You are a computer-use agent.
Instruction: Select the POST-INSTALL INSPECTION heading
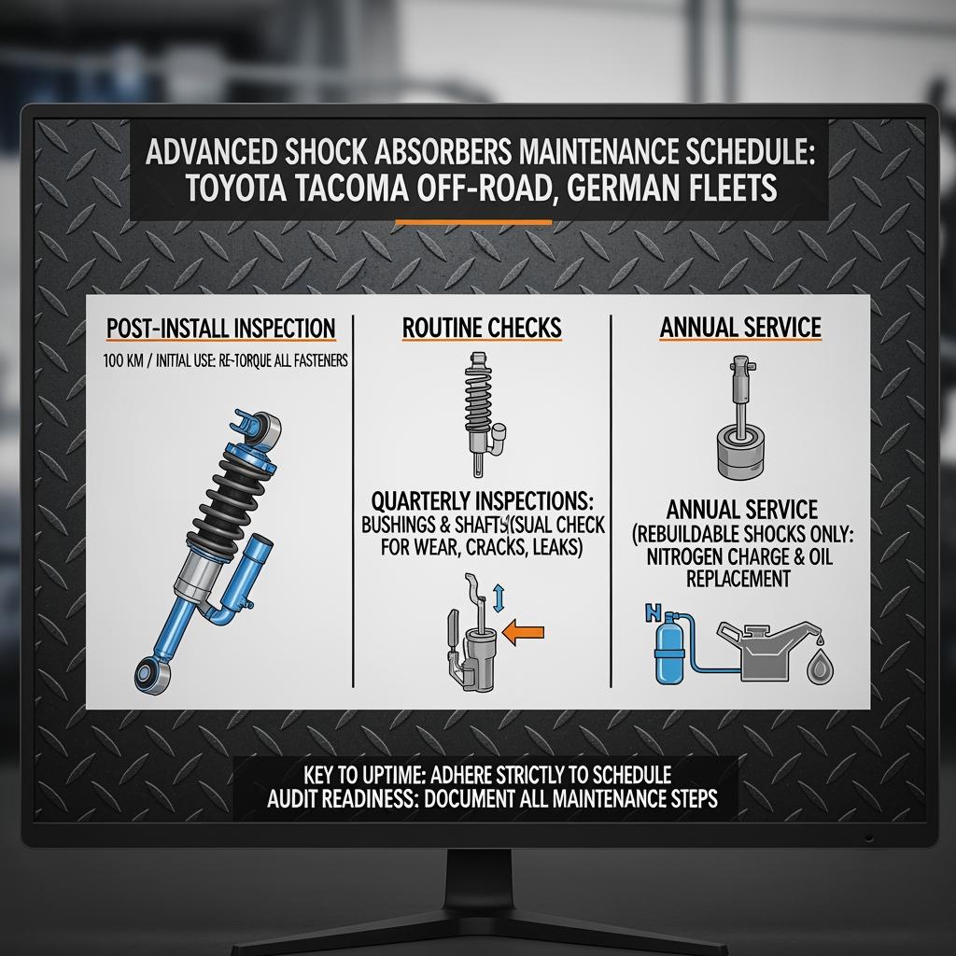[220, 329]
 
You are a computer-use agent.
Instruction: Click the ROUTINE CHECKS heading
[482, 328]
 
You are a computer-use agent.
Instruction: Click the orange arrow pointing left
[522, 633]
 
